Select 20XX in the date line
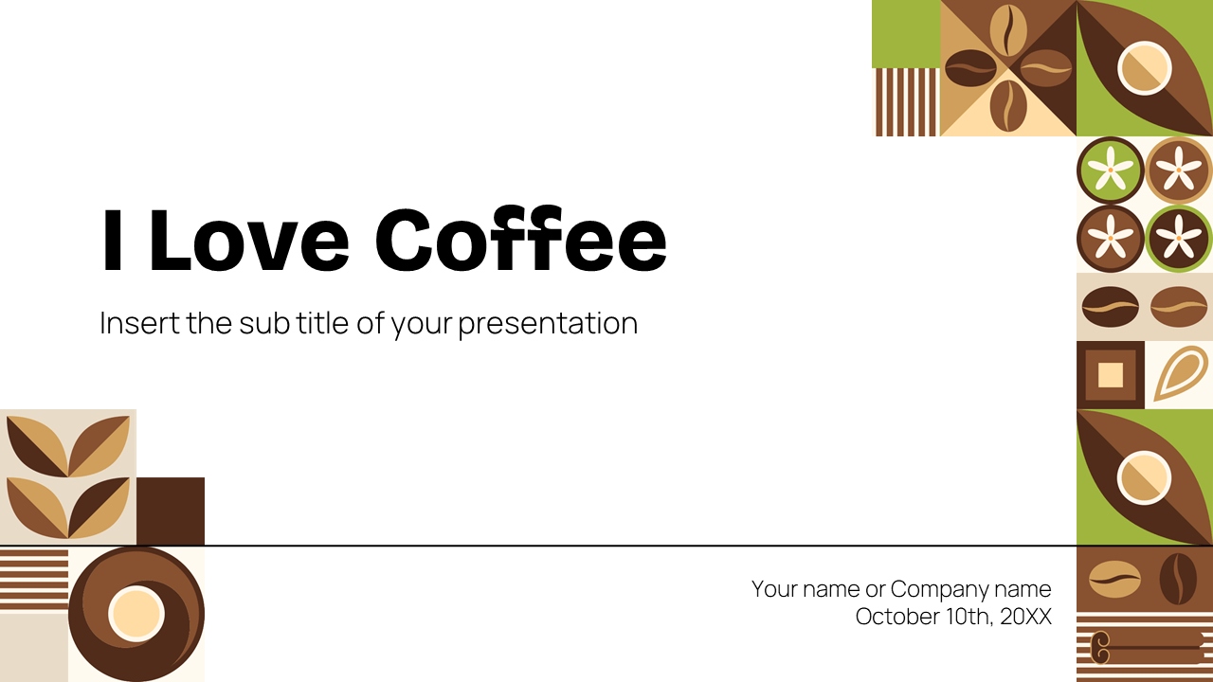click(1024, 617)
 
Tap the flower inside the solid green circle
click(1111, 170)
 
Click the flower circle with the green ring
click(1179, 239)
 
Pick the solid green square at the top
click(906, 34)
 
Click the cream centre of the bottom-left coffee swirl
click(136, 613)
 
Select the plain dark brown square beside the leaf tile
click(171, 511)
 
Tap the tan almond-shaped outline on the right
click(1181, 374)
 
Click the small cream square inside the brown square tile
click(1111, 375)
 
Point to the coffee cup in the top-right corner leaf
click(1144, 68)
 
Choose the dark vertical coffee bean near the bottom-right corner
click(1178, 578)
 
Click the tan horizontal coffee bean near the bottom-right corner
click(1114, 579)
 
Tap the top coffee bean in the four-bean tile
click(1008, 31)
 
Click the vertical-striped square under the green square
click(906, 102)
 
